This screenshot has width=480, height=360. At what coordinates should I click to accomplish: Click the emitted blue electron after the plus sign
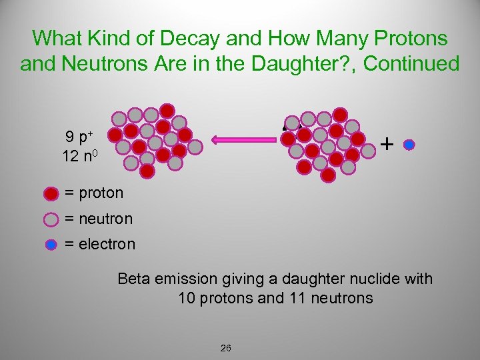point(409,144)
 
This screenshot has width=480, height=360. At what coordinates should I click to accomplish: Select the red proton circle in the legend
point(51,194)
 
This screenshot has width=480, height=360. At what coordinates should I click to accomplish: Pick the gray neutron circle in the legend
point(51,219)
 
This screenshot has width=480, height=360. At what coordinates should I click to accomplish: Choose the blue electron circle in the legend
point(51,245)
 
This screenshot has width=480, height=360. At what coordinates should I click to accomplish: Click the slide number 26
point(225,348)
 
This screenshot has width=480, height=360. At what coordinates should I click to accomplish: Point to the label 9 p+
point(79,138)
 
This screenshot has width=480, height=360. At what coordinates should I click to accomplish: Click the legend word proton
point(101,194)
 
